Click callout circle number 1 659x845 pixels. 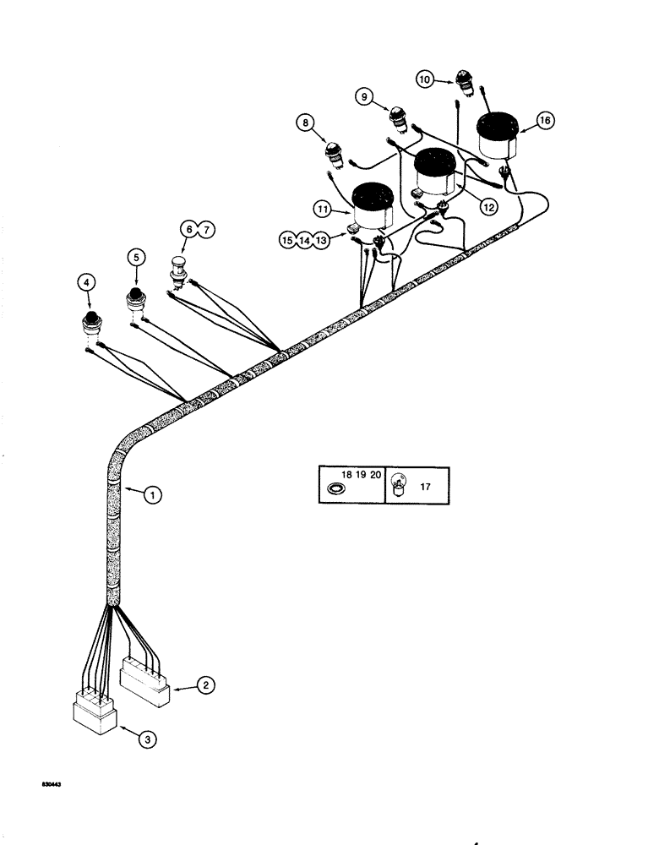pyautogui.click(x=151, y=497)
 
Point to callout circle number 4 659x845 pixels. pyautogui.click(x=85, y=283)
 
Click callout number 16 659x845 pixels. pyautogui.click(x=546, y=122)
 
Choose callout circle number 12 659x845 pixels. pyautogui.click(x=486, y=204)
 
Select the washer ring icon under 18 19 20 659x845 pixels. pyautogui.click(x=337, y=489)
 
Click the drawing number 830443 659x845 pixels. pyautogui.click(x=52, y=784)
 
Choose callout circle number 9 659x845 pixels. pyautogui.click(x=366, y=98)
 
